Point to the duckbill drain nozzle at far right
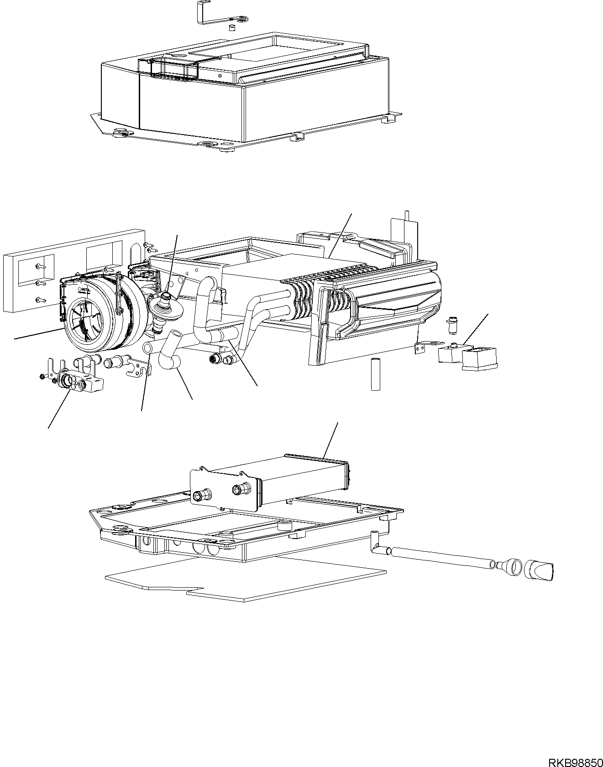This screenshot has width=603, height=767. [x=541, y=570]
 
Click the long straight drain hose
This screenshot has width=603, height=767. [x=440, y=557]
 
